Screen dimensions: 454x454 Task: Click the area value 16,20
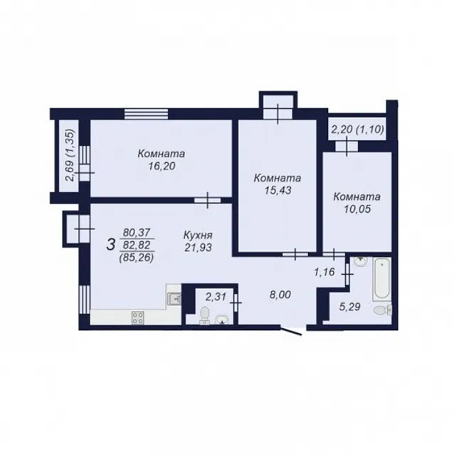point(162,167)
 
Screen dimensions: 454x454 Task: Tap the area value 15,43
point(278,190)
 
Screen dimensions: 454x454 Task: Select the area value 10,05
point(357,208)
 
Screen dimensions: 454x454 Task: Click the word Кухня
point(198,235)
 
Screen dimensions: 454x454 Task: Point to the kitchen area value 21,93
point(199,248)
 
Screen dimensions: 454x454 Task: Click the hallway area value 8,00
point(280,295)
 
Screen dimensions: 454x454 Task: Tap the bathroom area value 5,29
point(350,307)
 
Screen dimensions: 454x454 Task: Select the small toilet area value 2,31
point(216,297)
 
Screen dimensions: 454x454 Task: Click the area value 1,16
point(324,272)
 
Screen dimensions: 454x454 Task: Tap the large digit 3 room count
point(111,245)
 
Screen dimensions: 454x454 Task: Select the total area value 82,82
point(137,245)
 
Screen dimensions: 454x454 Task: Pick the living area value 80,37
point(137,232)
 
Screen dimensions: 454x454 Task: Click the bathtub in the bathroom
point(381,279)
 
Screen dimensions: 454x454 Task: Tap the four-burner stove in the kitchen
point(137,317)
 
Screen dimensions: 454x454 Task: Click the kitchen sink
point(174,299)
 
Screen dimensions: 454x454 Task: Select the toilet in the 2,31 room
point(205,315)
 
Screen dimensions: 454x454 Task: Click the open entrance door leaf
point(291,331)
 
